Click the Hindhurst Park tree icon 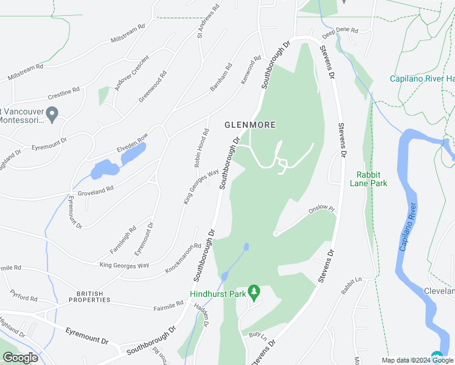pyautogui.click(x=254, y=292)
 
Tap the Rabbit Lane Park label pyautogui.click(x=372, y=178)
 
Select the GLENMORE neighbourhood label pyautogui.click(x=250, y=125)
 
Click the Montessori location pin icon pyautogui.click(x=52, y=113)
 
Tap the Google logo pyautogui.click(x=20, y=358)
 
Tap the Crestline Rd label pyautogui.click(x=64, y=93)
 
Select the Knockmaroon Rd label pyautogui.click(x=182, y=259)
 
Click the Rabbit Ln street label pyautogui.click(x=351, y=287)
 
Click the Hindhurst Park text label pyautogui.click(x=217, y=294)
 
